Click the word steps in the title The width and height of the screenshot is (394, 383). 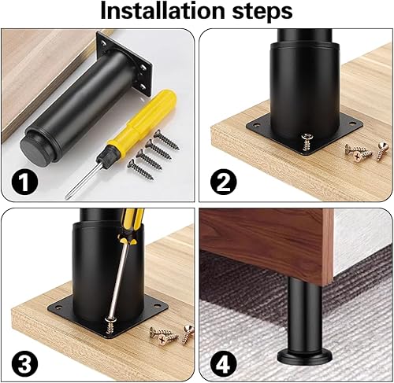(262, 12)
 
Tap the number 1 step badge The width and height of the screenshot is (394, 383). (24, 182)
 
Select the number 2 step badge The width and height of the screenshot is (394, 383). (224, 182)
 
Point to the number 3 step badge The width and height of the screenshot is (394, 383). (24, 363)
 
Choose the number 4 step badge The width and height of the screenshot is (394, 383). (224, 363)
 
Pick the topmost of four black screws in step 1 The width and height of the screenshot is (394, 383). (166, 140)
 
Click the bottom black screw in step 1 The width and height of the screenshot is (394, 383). (140, 170)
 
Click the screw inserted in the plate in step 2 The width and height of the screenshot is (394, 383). (307, 142)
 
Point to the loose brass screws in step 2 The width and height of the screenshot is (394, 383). (366, 152)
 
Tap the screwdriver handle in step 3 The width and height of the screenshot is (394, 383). (131, 226)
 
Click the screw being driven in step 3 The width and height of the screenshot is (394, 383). (111, 325)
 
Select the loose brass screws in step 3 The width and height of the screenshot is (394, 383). (172, 335)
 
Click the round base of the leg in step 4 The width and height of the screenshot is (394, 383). (305, 357)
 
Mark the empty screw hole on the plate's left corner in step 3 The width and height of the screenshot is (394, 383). (59, 306)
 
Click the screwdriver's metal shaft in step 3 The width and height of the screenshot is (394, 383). (120, 280)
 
